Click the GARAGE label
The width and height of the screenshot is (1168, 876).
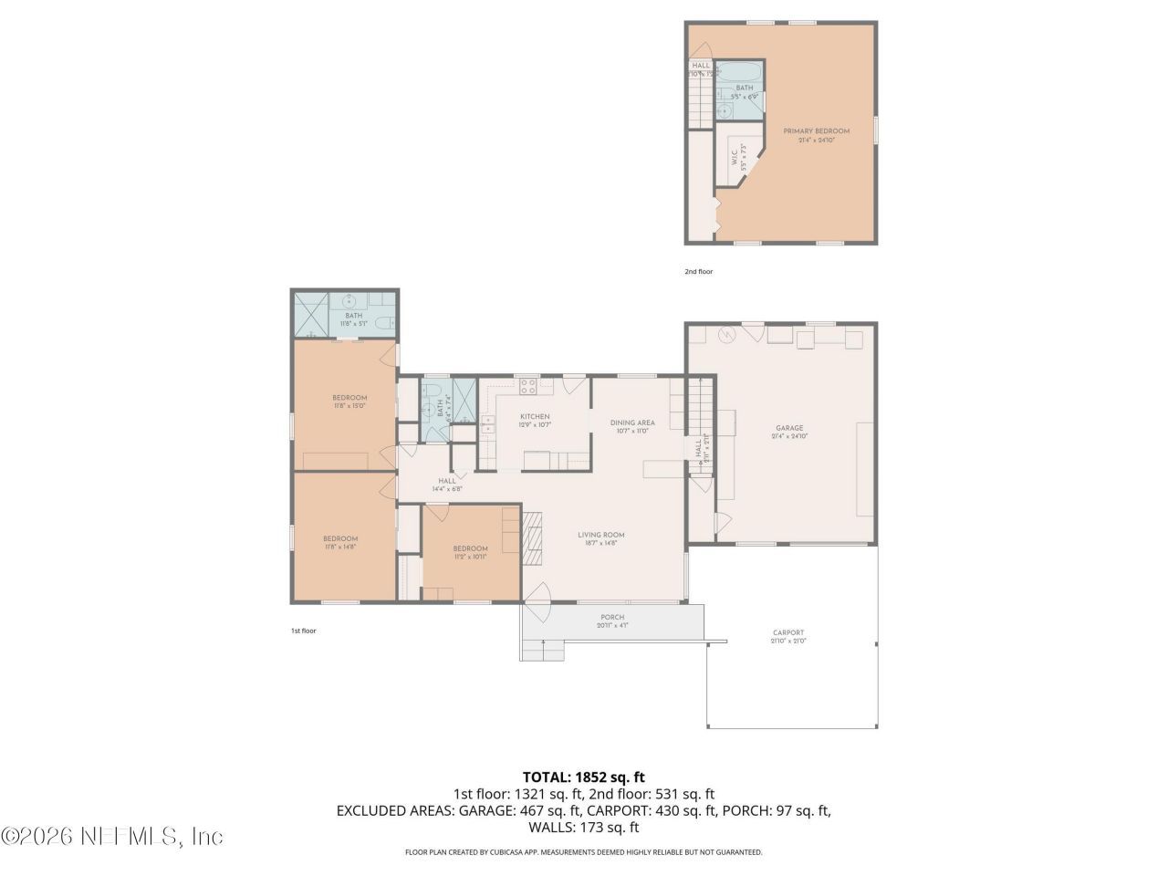click(789, 432)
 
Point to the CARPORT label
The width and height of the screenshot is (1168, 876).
click(788, 636)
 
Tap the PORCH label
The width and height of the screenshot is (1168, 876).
click(612, 620)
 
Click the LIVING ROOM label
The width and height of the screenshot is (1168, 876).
click(600, 538)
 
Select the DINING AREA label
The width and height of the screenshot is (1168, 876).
click(632, 426)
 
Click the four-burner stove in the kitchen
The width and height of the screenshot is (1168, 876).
click(528, 387)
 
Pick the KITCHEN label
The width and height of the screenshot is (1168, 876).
click(534, 420)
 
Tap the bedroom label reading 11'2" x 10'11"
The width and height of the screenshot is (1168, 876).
click(471, 551)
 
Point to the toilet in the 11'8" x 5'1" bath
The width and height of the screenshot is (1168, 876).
click(386, 322)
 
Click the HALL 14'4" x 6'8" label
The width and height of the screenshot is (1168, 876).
click(447, 485)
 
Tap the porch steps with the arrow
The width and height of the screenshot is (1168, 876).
click(544, 650)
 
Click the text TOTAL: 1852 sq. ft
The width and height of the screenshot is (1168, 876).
click(583, 777)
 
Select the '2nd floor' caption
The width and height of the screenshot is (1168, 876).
click(698, 271)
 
